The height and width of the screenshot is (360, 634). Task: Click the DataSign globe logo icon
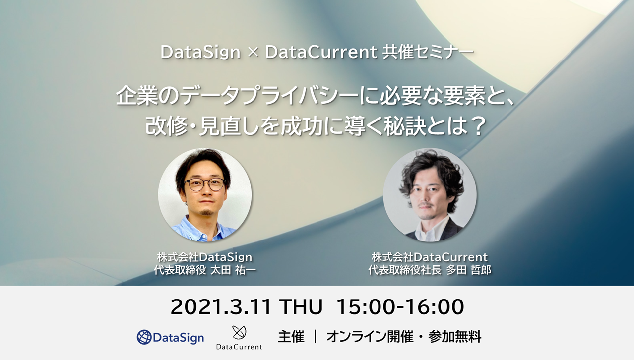[144, 337]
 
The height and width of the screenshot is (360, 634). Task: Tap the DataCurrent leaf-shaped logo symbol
[239, 333]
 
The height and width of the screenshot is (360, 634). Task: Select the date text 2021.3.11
[221, 307]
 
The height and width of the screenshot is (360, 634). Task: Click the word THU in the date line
[301, 307]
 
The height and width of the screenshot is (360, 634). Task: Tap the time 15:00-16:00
[400, 307]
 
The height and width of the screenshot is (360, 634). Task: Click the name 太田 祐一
[234, 270]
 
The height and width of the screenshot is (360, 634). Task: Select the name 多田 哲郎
[469, 270]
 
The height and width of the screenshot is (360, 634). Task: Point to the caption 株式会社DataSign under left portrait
[204, 257]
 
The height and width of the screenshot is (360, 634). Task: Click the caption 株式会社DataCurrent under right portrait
[430, 257]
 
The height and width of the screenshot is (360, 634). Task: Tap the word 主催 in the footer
[291, 337]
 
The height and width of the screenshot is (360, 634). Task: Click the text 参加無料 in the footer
[455, 337]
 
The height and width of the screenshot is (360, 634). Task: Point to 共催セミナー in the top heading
[428, 52]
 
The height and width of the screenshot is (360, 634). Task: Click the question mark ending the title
[479, 126]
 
